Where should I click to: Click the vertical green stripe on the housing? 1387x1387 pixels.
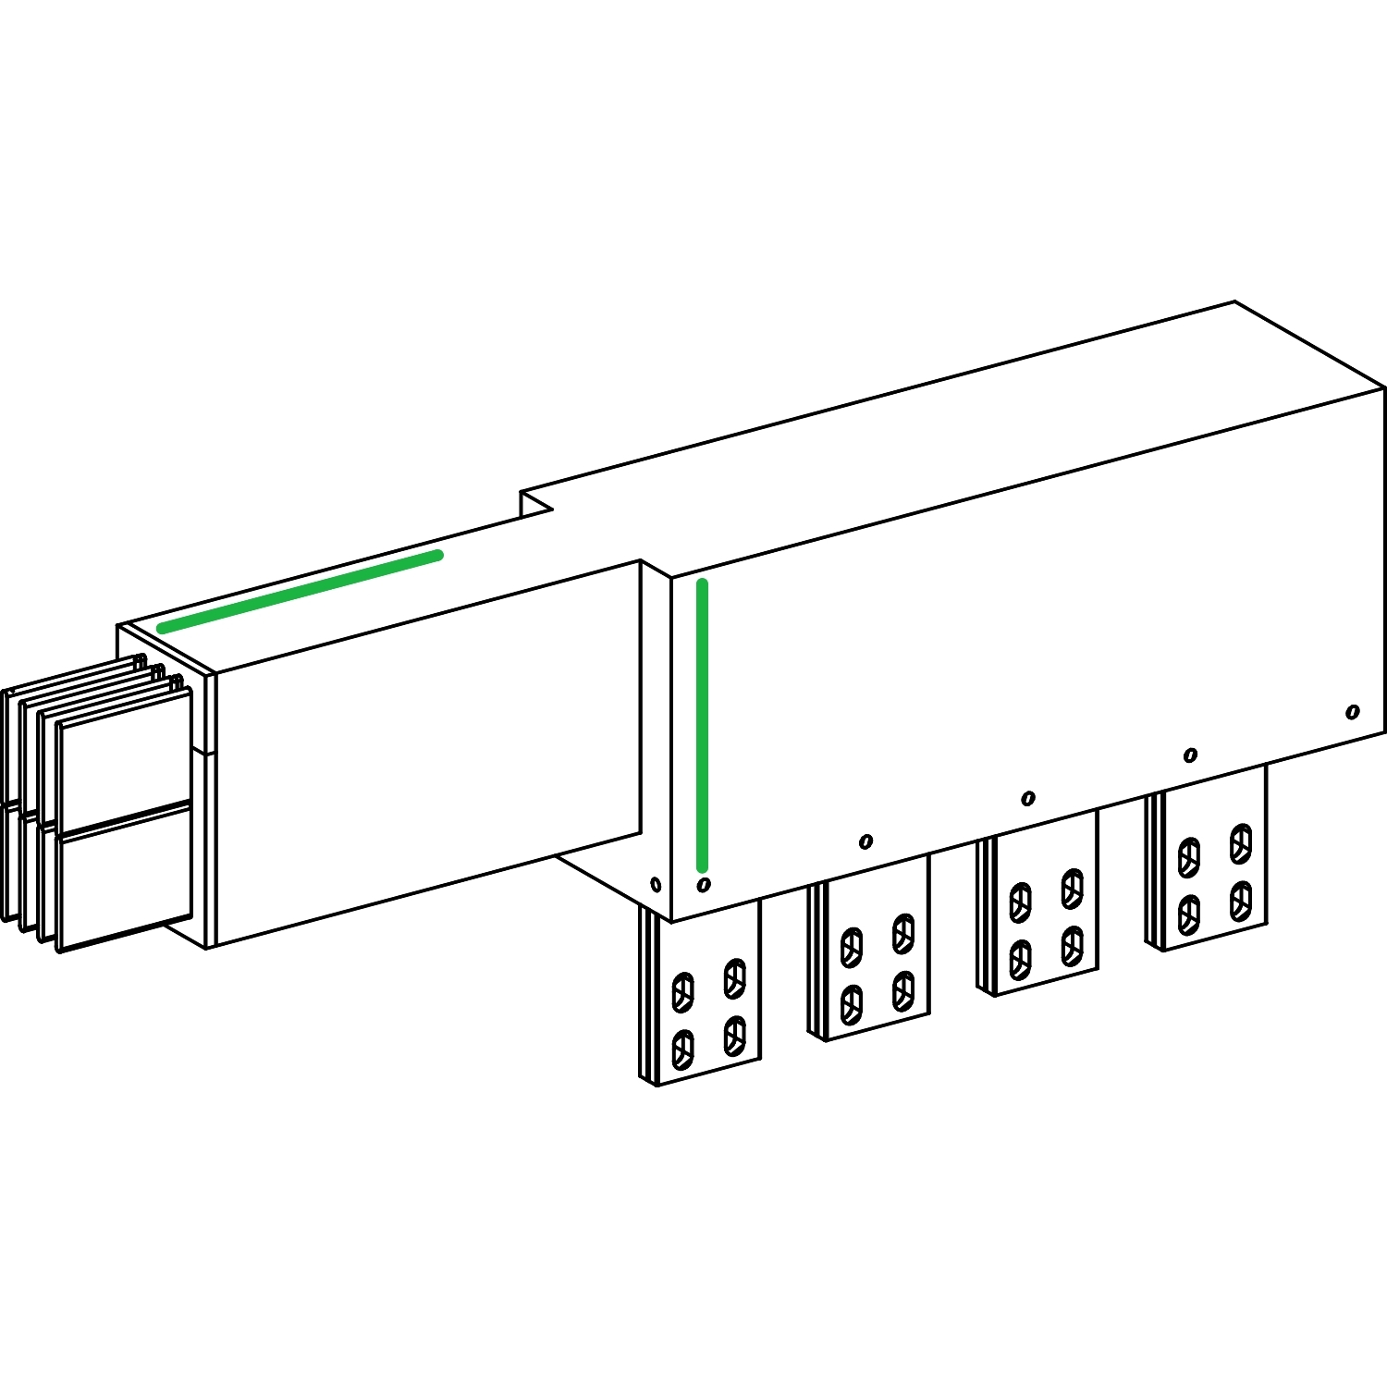click(702, 726)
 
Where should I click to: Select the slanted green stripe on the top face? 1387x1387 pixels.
click(300, 592)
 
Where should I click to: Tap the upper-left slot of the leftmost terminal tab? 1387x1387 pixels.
click(682, 992)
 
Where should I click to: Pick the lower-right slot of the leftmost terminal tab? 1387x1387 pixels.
click(735, 1035)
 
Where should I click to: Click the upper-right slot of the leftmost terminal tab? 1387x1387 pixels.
click(735, 978)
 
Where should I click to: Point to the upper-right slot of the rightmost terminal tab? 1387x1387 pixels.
click(1241, 843)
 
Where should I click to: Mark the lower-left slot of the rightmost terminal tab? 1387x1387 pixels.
click(1189, 914)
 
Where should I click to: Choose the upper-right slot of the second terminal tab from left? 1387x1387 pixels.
click(903, 933)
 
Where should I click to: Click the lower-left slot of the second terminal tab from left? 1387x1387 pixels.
click(852, 1004)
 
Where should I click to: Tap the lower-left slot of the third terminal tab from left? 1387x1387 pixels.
click(1020, 959)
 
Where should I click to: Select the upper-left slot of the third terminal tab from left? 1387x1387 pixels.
click(1020, 902)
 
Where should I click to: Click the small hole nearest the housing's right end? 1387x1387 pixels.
click(1353, 712)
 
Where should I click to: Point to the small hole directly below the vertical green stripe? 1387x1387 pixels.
click(704, 885)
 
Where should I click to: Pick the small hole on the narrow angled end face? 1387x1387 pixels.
click(656, 885)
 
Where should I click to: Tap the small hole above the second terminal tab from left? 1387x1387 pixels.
click(865, 841)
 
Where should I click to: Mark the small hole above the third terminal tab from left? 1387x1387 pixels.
click(1027, 799)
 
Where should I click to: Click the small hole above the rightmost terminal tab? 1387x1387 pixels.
click(1190, 755)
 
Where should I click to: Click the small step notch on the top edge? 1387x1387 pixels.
click(534, 503)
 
